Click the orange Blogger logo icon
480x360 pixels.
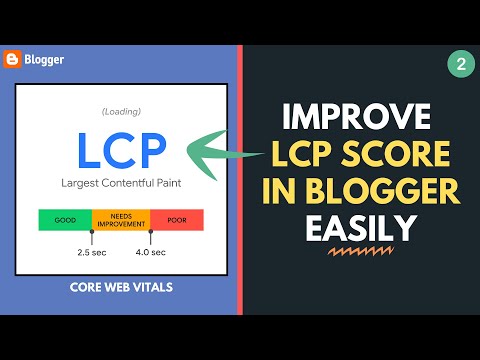(13, 59)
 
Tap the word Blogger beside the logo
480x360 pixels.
(45, 59)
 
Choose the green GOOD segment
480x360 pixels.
(64, 219)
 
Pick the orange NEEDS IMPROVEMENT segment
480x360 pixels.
(120, 219)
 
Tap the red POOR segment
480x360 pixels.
(177, 219)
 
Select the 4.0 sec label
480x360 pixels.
(150, 252)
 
